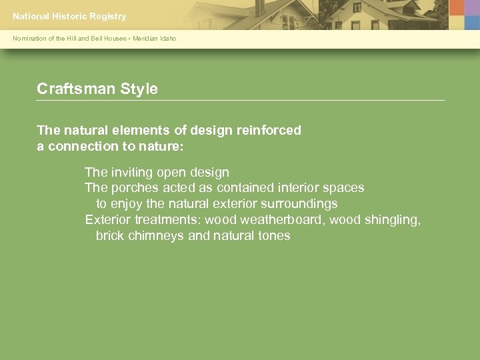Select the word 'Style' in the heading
[139, 89]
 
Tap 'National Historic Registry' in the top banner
[69, 16]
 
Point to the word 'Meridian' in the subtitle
[145, 39]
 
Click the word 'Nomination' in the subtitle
[29, 39]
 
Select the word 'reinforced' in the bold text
[269, 130]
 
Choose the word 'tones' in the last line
[273, 236]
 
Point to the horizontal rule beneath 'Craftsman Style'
[240, 101]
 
